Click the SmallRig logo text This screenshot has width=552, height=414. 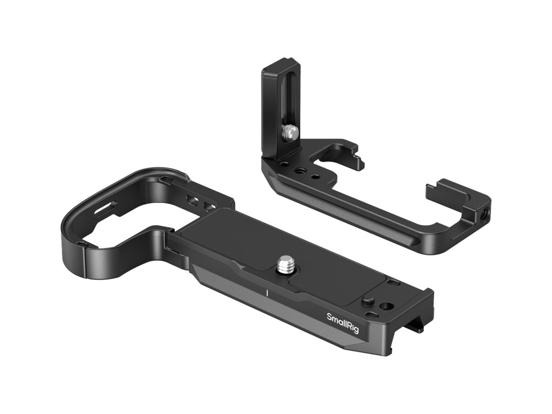click(343, 322)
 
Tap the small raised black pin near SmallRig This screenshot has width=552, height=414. click(367, 301)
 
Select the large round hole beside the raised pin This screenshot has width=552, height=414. click(386, 306)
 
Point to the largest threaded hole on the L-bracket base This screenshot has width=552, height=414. click(300, 171)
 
